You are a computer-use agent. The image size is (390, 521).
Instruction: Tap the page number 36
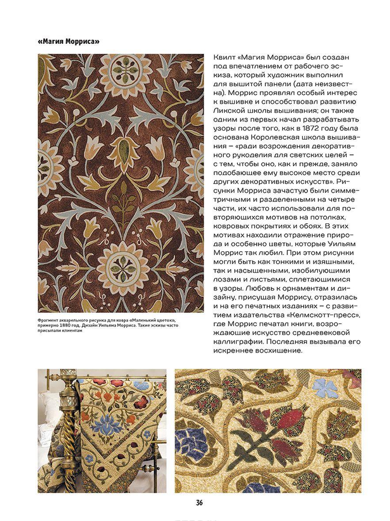click(199, 503)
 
